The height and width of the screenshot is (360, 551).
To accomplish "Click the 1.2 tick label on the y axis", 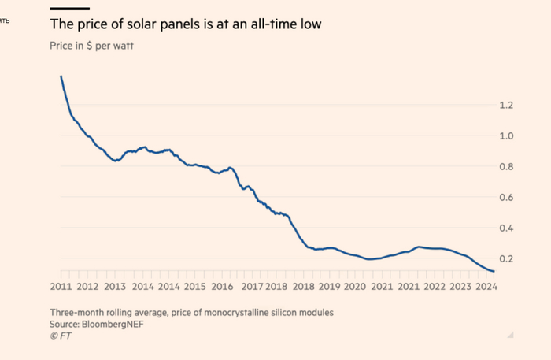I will pyautogui.click(x=505, y=106).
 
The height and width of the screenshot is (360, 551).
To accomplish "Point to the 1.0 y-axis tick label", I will pyautogui.click(x=505, y=136).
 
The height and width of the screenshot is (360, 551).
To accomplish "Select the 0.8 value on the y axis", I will pyautogui.click(x=505, y=167).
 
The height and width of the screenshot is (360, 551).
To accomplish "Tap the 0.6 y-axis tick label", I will pyautogui.click(x=505, y=198).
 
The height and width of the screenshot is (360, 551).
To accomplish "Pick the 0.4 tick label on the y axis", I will pyautogui.click(x=505, y=228).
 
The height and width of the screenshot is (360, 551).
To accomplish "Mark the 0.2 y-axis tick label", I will pyautogui.click(x=505, y=259).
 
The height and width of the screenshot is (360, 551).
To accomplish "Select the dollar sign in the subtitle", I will pyautogui.click(x=90, y=46).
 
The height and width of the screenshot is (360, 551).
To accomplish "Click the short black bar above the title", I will pyautogui.click(x=65, y=8).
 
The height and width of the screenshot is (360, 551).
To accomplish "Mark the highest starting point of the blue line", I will pyautogui.click(x=61, y=76).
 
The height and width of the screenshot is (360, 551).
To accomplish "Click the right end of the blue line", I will pyautogui.click(x=494, y=271).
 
